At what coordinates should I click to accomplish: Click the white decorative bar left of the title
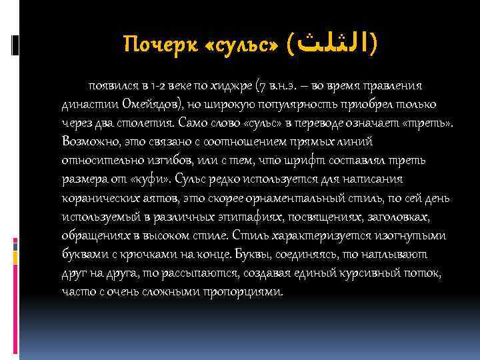click(x=15, y=45)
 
